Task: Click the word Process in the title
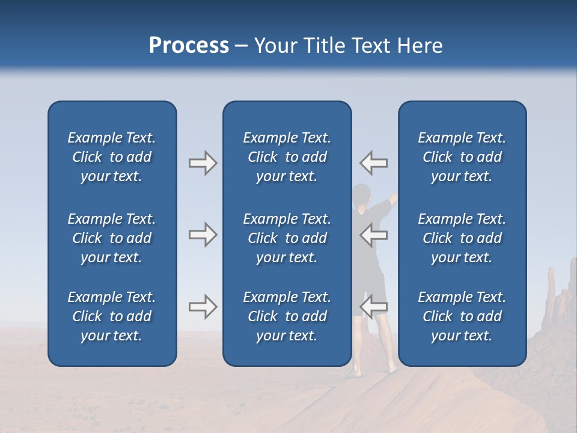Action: [x=189, y=46]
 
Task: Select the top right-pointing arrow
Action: [x=203, y=163]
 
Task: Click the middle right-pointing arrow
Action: [x=203, y=235]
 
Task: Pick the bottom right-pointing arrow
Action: [x=203, y=307]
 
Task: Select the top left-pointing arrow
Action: [x=374, y=163]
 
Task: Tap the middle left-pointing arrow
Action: [x=374, y=235]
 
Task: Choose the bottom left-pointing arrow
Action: [x=374, y=307]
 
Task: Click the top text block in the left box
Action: [x=112, y=157]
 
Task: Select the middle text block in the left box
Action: [x=112, y=238]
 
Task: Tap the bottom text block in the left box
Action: [x=112, y=316]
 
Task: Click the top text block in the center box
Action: [x=287, y=157]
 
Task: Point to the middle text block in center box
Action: [x=287, y=238]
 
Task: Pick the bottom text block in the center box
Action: [x=287, y=316]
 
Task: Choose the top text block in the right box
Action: [x=462, y=157]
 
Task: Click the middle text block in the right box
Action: [x=462, y=238]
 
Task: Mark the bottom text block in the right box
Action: [x=462, y=316]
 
